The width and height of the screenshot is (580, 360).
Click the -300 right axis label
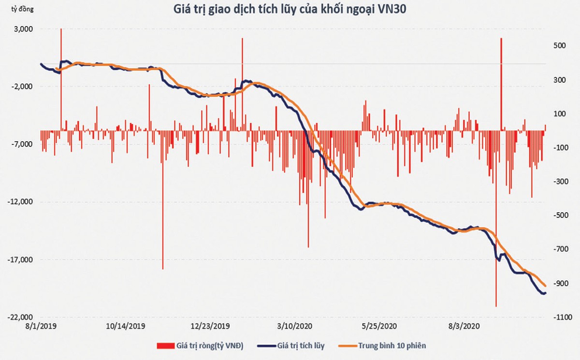[559, 181]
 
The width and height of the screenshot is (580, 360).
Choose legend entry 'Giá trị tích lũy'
[301, 346]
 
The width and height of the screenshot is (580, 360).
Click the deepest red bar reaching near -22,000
[496, 290]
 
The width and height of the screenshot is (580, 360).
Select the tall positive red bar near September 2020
[501, 72]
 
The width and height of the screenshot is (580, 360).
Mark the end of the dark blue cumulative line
[545, 293]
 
